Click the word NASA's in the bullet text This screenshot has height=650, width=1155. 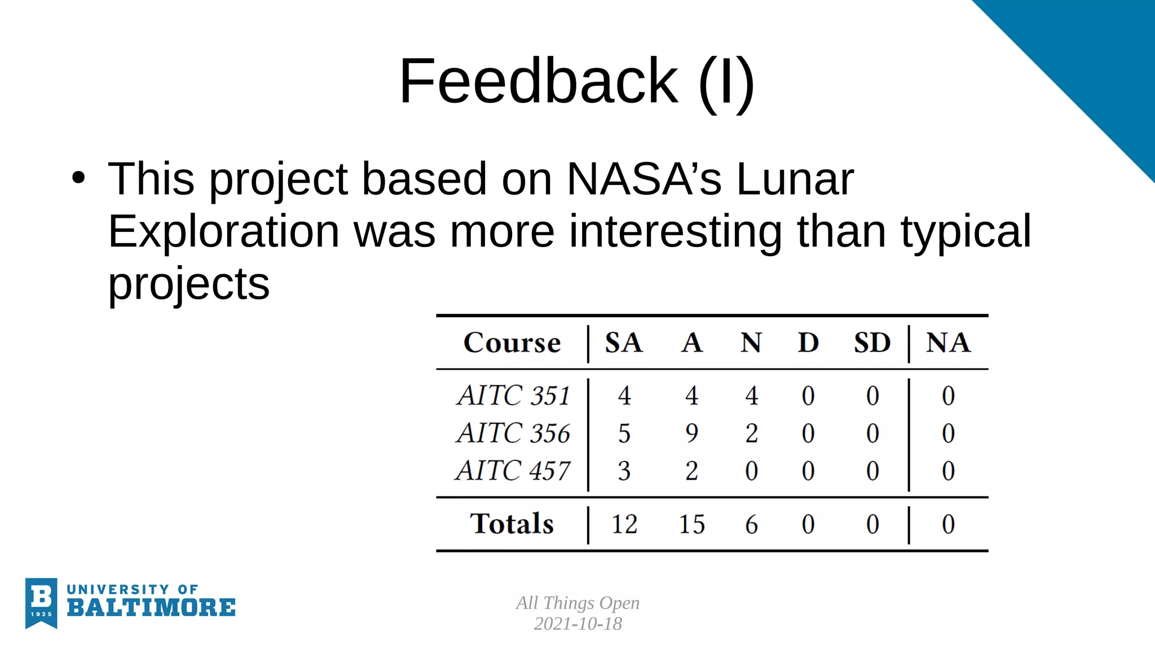643,179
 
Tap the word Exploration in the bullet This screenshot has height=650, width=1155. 223,231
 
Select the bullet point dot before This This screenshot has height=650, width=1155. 78,178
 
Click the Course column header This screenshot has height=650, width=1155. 512,342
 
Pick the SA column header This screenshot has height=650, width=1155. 624,342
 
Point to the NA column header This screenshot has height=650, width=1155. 948,342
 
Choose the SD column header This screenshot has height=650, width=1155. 872,342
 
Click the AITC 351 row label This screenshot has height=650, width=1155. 514,395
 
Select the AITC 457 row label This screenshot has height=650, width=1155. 513,471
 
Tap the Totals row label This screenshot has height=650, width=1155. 512,524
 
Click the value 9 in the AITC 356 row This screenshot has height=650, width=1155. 691,433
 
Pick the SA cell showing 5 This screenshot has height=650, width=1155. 624,433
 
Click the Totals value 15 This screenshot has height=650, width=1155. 691,524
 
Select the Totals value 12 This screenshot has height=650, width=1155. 624,524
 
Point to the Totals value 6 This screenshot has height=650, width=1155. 751,524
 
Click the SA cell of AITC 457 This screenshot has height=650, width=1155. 624,471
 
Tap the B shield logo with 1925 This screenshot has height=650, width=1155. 41,602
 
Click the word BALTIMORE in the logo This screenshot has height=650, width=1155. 151,608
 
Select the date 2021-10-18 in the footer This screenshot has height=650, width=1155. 577,623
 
